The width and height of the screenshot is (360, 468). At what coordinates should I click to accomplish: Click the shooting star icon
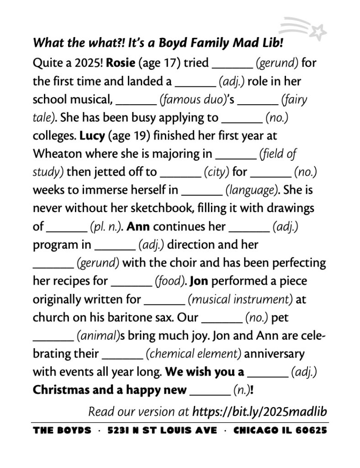point(305,27)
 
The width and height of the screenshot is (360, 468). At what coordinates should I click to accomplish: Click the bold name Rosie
point(120,63)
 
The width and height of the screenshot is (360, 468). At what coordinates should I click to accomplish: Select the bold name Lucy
point(92,136)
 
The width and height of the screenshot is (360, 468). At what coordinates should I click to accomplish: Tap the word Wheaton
point(55,154)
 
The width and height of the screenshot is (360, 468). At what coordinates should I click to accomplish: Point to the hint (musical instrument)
point(240,299)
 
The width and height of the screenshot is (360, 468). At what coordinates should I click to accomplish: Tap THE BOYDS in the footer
point(62,431)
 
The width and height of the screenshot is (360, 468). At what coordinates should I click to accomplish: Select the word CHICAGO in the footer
point(254,431)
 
